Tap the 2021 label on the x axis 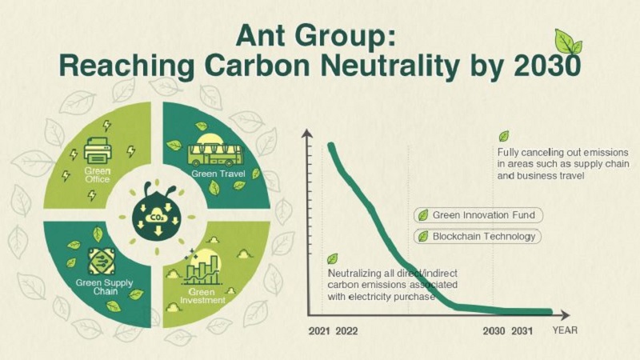click(318, 330)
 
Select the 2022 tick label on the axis click(347, 330)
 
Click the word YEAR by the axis click(564, 330)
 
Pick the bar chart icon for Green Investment click(201, 269)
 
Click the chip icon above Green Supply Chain click(102, 262)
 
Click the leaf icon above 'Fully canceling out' click(503, 136)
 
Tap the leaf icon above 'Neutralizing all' click(333, 258)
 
